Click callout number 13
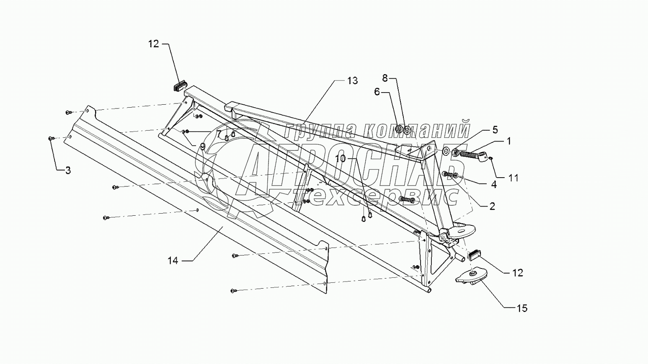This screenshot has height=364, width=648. (x=352, y=80)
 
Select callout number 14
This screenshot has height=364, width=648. (x=173, y=261)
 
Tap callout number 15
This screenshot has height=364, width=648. (x=522, y=308)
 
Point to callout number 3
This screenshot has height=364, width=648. (x=67, y=170)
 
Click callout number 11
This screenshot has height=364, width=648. (x=514, y=178)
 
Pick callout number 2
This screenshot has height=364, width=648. (x=492, y=206)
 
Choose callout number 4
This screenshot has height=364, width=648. (x=493, y=184)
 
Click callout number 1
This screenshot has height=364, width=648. (x=509, y=142)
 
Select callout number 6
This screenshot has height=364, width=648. (x=377, y=92)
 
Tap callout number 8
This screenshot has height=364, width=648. (x=385, y=77)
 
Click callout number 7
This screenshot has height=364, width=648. (x=219, y=134)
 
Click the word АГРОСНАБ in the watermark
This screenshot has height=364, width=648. (x=352, y=168)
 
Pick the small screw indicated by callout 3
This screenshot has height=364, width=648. (x=51, y=138)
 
